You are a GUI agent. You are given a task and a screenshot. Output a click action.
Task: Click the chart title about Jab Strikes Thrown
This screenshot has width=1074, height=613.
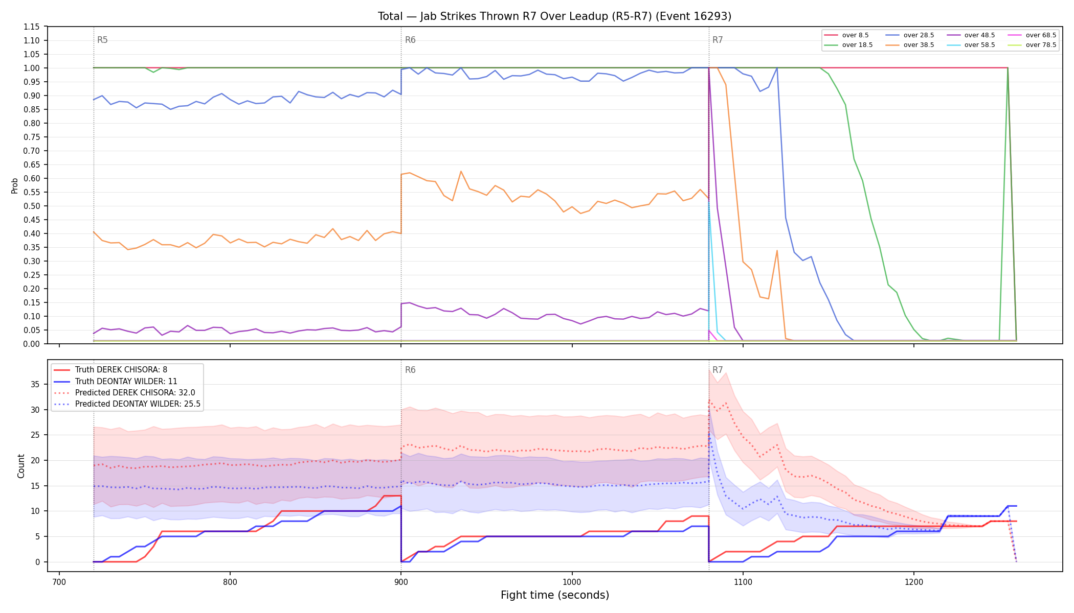pyautogui.click(x=554, y=16)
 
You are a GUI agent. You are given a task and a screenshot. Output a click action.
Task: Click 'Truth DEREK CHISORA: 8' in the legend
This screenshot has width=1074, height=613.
pyautogui.click(x=121, y=370)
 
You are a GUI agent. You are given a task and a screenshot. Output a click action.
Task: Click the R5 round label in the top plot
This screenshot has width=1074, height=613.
pyautogui.click(x=102, y=40)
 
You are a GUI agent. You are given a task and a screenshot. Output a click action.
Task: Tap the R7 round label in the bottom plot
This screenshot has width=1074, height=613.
pyautogui.click(x=718, y=370)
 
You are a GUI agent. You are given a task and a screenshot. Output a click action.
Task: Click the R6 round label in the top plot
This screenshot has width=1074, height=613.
pyautogui.click(x=410, y=40)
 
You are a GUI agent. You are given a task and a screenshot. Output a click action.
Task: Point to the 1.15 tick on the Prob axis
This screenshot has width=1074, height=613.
pyautogui.click(x=32, y=27)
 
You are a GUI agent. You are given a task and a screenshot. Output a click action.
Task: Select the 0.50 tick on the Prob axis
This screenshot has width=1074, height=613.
pyautogui.click(x=32, y=206)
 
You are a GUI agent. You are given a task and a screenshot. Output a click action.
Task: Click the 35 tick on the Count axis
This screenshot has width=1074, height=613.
pyautogui.click(x=35, y=384)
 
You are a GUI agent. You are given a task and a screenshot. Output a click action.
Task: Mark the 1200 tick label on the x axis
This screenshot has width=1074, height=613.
pyautogui.click(x=914, y=582)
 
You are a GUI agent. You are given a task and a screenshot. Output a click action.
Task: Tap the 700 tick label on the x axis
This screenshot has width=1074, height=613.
pyautogui.click(x=59, y=582)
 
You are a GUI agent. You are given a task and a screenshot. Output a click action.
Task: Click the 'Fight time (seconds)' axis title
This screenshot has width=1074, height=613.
pyautogui.click(x=555, y=595)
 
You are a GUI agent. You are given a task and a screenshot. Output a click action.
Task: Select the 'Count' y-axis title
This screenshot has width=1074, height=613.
pyautogui.click(x=21, y=466)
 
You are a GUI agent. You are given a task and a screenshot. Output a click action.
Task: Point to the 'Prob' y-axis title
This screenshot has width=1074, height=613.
pyautogui.click(x=14, y=185)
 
